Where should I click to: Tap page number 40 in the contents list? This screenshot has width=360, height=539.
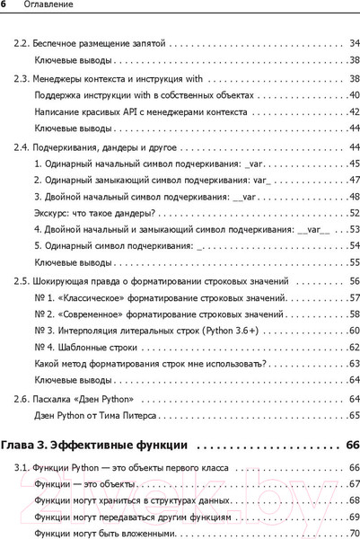(354, 95)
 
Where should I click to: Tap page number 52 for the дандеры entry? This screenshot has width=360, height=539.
(354, 213)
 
